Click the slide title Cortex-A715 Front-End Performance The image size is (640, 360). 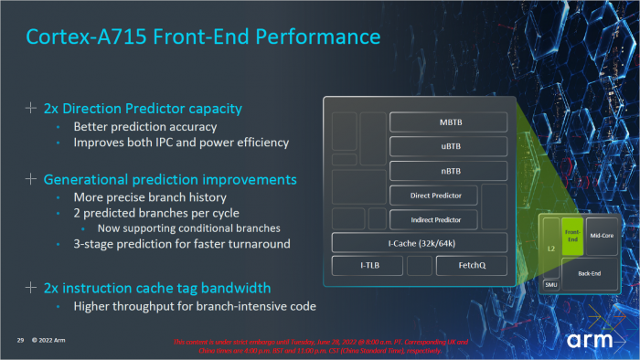click(x=203, y=37)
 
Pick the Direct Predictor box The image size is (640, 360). click(x=436, y=196)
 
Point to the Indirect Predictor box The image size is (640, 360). click(x=436, y=219)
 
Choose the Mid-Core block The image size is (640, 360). click(x=602, y=236)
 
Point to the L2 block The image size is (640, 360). click(x=550, y=247)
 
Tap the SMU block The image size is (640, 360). click(x=550, y=284)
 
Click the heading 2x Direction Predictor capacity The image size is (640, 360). click(x=137, y=109)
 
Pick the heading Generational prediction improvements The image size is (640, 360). click(x=170, y=179)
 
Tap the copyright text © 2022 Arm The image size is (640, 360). click(x=56, y=340)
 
